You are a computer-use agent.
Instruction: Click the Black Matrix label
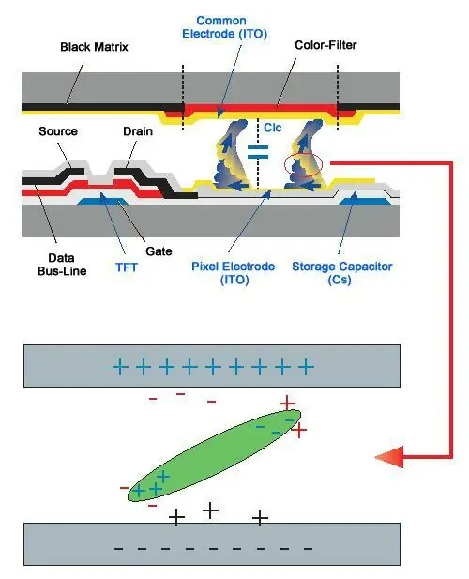(94, 47)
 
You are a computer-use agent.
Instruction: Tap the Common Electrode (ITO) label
(224, 27)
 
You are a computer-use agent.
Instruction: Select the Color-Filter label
(325, 45)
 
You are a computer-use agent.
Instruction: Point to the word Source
(58, 131)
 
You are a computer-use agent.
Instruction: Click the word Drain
(138, 131)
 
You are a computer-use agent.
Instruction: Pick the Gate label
(159, 251)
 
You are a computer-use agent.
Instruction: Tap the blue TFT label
(127, 267)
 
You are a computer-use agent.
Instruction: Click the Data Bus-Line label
(62, 265)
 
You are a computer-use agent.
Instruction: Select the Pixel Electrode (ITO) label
(234, 272)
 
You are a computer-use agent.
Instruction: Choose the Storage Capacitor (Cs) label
(342, 272)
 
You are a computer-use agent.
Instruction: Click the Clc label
(273, 128)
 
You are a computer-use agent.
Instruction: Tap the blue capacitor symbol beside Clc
(258, 152)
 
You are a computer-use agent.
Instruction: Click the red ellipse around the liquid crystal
(303, 165)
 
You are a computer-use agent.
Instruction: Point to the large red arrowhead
(389, 457)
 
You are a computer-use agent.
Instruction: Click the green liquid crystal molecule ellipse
(214, 456)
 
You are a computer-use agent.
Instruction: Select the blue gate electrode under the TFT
(103, 201)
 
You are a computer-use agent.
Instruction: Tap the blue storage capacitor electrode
(365, 201)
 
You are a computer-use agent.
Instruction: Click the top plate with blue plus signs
(212, 366)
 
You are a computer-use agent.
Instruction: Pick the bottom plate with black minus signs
(212, 544)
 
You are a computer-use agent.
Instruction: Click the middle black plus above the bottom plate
(211, 510)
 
